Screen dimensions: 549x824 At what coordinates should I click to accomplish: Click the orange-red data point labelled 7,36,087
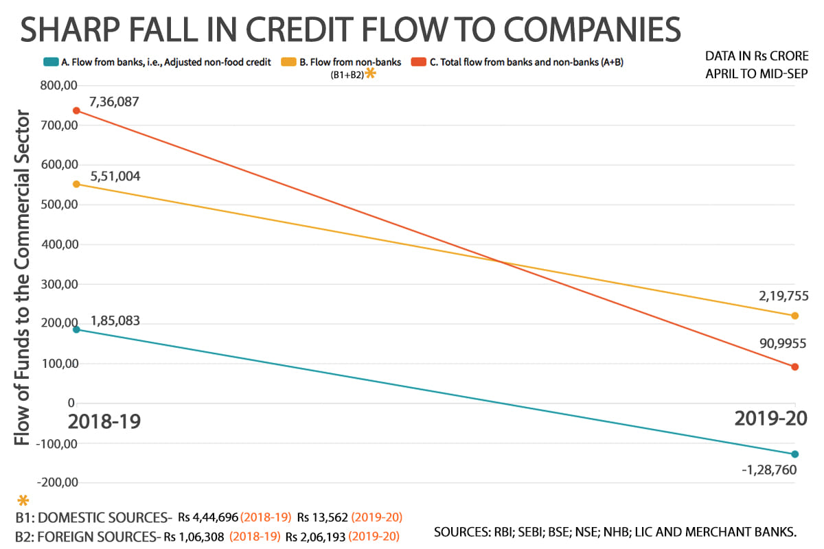pos(76,110)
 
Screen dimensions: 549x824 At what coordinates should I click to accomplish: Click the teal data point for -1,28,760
pos(794,454)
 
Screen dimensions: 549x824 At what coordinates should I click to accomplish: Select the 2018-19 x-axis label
pos(104,420)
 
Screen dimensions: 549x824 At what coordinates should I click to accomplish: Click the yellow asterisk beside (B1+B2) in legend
pos(370,73)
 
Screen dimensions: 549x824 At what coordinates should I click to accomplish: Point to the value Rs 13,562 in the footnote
pos(323,517)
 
